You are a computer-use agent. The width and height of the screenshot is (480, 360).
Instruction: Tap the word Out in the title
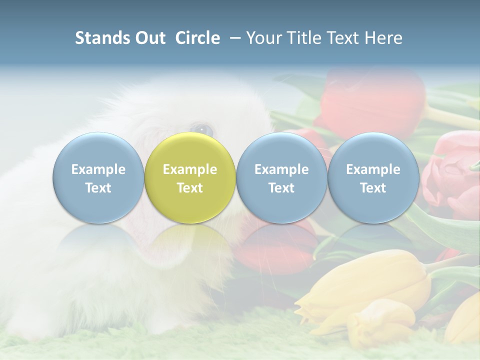coord(148,38)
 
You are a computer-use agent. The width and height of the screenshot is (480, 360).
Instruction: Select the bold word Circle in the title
coord(197,38)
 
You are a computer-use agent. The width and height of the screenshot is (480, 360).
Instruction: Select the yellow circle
coord(190,178)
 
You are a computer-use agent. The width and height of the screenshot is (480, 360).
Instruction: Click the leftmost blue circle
coord(98,178)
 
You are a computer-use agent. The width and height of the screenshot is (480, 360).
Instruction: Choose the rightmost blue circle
coord(373,178)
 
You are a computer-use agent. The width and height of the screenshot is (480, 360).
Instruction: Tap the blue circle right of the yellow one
coord(281,178)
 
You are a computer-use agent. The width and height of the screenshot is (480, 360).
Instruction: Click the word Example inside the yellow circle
coord(190,169)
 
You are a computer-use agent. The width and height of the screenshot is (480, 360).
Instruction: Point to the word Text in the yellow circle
coord(190,188)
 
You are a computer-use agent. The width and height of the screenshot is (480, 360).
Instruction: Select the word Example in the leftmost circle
coord(98,169)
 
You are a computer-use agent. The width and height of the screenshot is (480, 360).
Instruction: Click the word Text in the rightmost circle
coord(373,188)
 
